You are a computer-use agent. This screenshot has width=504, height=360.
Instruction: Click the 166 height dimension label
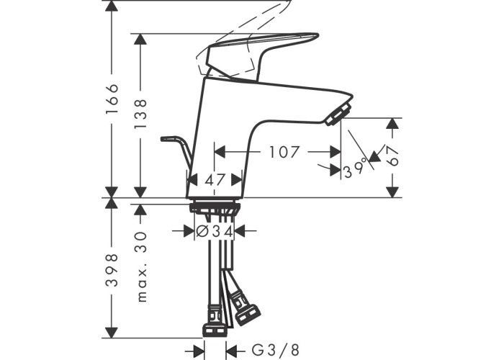coord(112,99)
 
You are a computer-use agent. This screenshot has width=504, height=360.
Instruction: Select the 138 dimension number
coord(140,114)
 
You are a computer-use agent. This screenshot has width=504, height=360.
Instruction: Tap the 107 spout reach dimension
coord(284,152)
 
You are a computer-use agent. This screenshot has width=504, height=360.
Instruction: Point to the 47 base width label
coord(215,180)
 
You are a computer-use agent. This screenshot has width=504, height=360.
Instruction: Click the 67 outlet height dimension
coord(392,156)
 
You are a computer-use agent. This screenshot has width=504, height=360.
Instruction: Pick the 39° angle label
coord(355,168)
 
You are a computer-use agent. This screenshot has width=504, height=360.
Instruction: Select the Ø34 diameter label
coord(215,231)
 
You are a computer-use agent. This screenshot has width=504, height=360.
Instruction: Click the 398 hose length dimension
coord(112,270)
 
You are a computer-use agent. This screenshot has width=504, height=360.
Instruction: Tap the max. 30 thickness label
coord(141,267)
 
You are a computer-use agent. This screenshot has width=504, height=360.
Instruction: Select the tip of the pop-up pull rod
coord(162,139)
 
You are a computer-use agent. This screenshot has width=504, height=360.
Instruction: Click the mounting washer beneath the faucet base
coord(215,207)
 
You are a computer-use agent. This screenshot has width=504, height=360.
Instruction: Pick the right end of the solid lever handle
coord(318,35)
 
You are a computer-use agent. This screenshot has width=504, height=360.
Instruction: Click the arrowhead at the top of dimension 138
coord(140,39)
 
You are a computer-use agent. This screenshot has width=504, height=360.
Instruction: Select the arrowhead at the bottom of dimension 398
coord(112,333)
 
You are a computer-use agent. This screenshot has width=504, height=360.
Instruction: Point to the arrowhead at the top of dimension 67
coord(392,123)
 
